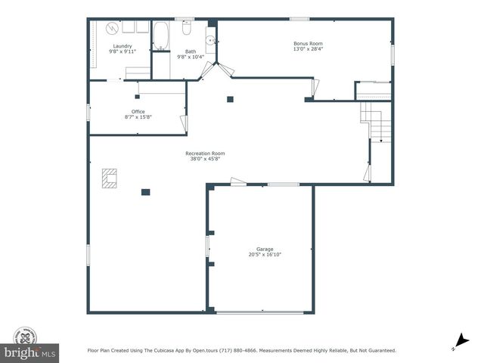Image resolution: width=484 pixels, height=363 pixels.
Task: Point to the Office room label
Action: (138, 112)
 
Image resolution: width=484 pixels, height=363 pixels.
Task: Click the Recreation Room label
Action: (205, 154)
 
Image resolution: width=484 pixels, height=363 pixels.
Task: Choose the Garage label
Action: (264, 249)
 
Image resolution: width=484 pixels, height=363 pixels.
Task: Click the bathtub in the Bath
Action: (161, 36)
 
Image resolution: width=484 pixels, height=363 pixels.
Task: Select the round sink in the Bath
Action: (211, 40)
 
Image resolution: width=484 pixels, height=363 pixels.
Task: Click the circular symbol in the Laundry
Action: (111, 29)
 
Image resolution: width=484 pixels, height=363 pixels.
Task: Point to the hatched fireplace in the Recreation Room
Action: (110, 178)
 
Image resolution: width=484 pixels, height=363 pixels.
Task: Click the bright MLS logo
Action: (30, 352)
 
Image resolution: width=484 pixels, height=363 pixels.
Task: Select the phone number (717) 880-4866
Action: (237, 351)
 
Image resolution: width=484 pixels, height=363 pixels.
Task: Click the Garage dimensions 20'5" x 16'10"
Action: (264, 255)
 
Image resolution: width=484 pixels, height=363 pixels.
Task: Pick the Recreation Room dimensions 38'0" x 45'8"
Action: (205, 159)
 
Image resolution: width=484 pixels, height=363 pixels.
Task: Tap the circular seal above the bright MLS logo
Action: (25, 335)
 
